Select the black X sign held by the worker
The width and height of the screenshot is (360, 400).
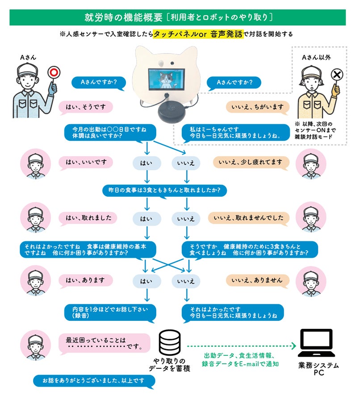[x=336, y=75]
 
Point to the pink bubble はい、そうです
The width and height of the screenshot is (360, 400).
[x=86, y=107]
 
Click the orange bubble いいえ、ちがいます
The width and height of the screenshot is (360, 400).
[x=257, y=107]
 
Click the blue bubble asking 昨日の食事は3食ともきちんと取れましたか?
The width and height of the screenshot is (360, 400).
[x=164, y=190]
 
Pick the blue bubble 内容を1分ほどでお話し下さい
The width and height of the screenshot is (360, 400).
[x=110, y=312]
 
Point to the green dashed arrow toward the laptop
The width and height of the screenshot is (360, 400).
[x=242, y=346]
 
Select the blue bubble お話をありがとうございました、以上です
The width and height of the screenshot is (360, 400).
[x=94, y=381]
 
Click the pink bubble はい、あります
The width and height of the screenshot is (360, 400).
[x=87, y=280]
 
